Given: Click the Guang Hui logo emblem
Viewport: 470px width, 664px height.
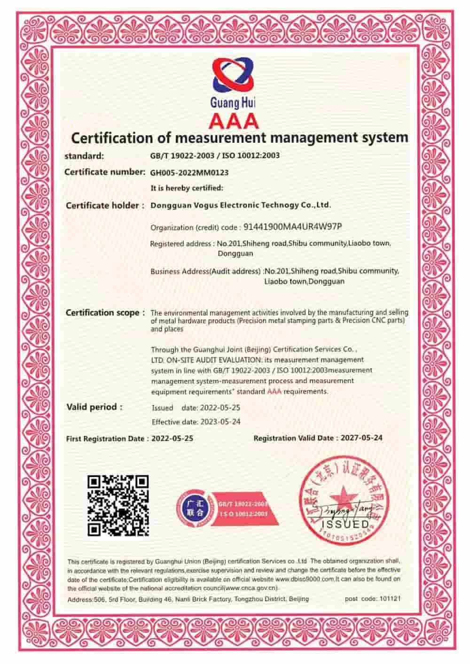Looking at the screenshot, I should (x=233, y=75).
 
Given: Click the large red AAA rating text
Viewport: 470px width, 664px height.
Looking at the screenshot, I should (x=234, y=121).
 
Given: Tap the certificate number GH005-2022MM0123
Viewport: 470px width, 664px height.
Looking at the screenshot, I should (x=189, y=172).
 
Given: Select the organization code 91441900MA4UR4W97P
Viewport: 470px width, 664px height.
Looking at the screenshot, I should (x=292, y=227).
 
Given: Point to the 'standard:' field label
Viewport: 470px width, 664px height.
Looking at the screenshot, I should (x=84, y=155).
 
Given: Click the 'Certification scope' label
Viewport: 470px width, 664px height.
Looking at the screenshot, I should (x=102, y=313).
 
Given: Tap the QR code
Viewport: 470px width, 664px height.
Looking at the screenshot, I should (x=118, y=505).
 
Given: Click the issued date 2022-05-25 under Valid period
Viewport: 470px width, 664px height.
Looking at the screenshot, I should (x=220, y=408).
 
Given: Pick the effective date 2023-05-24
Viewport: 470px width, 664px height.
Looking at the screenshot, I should (x=220, y=422).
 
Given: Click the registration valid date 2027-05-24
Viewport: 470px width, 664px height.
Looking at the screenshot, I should (x=361, y=438).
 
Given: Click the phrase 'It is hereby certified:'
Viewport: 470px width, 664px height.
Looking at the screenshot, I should (x=187, y=188).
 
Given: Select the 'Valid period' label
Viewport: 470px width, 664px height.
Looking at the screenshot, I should (x=94, y=407).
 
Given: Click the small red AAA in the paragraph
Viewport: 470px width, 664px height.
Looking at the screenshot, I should (x=274, y=391).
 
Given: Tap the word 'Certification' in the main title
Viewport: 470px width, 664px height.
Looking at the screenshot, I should (x=111, y=138).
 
